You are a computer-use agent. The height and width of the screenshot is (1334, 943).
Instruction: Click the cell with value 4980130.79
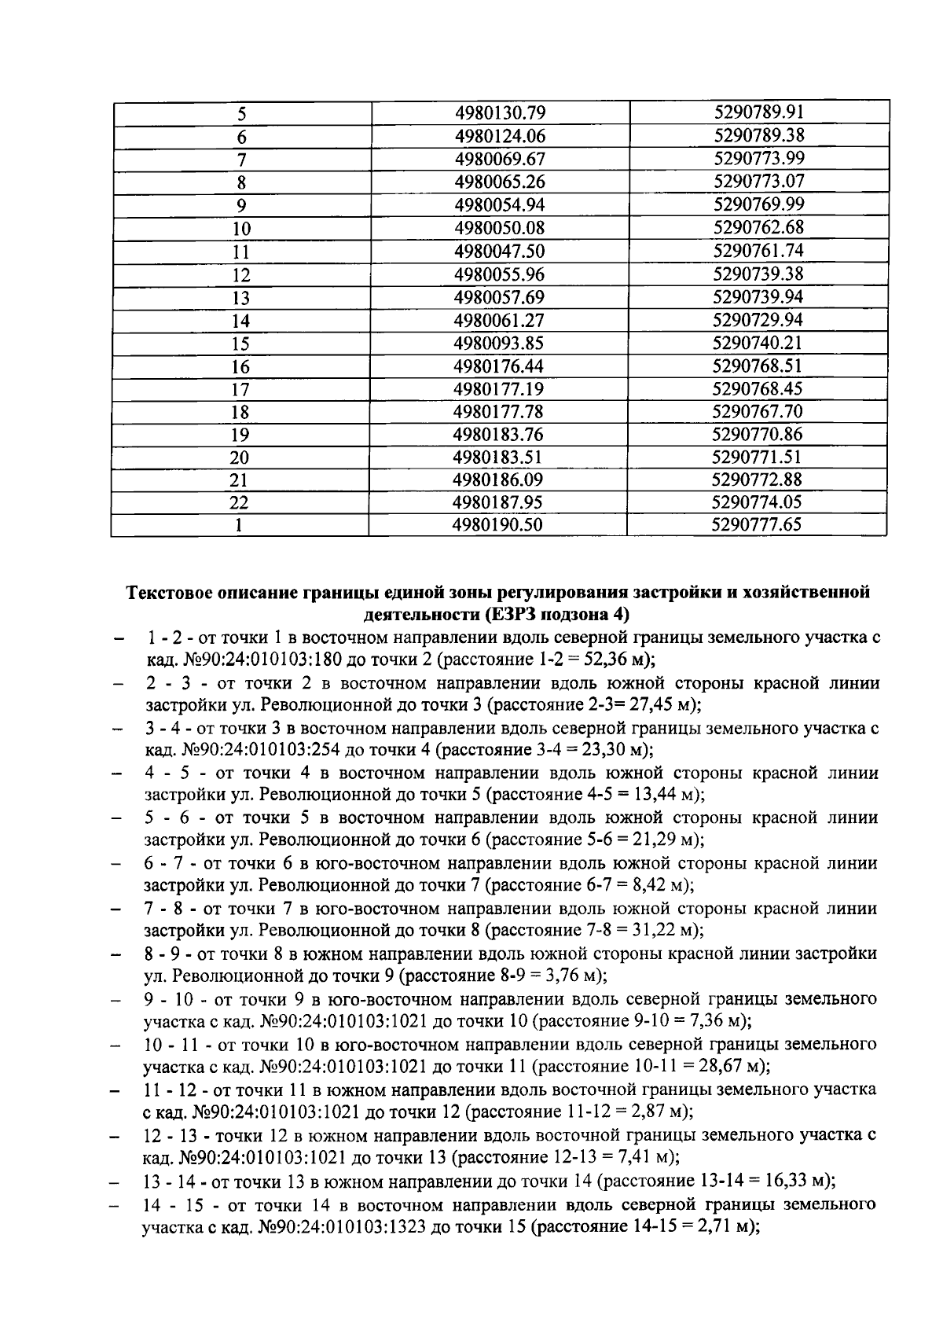pos(500,113)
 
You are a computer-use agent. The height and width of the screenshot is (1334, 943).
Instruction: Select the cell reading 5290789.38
pos(758,135)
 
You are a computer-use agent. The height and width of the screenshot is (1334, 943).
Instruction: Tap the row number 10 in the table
pos(241,229)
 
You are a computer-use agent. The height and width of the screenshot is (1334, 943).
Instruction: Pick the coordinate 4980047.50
pos(500,252)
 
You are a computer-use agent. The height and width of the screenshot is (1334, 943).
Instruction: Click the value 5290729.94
pos(758,320)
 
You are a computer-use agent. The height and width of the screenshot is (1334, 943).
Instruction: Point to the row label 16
pos(241,367)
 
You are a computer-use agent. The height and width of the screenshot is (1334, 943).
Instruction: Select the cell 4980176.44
pos(500,366)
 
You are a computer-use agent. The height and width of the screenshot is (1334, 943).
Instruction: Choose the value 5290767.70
pos(758,411)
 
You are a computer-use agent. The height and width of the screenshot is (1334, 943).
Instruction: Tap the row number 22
pos(241,504)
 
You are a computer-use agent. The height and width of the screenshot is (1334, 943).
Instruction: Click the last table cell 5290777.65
pos(757,525)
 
